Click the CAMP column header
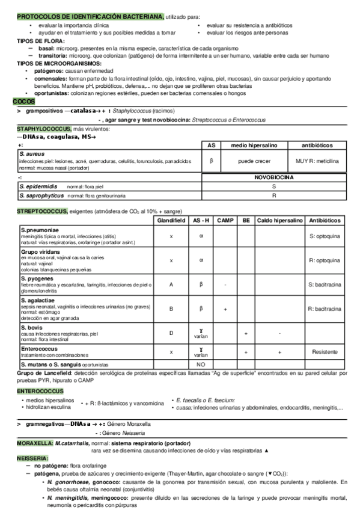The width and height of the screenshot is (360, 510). pos(225,221)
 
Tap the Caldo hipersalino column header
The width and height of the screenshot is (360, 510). pos(279,221)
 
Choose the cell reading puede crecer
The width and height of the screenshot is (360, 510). pos(255,161)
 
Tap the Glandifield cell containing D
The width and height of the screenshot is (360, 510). pos(171,333)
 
